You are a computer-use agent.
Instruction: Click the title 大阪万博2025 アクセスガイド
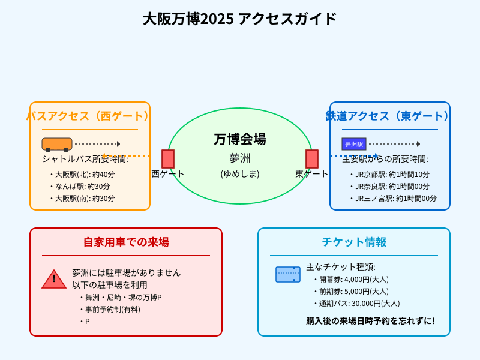click(240, 19)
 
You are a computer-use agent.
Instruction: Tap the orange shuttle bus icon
click(57, 144)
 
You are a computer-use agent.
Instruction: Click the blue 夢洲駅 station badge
click(354, 144)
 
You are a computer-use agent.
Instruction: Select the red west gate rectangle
click(168, 159)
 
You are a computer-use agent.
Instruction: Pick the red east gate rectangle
click(312, 159)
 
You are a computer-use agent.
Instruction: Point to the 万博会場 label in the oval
click(240, 139)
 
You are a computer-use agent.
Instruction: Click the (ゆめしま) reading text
click(240, 174)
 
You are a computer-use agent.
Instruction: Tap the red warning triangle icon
click(54, 279)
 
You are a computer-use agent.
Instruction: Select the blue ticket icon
click(288, 274)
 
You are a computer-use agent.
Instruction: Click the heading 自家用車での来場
click(126, 242)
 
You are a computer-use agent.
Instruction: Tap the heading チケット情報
click(354, 242)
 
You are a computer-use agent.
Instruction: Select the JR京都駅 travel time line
click(392, 174)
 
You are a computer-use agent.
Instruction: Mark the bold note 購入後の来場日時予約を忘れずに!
click(370, 321)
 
